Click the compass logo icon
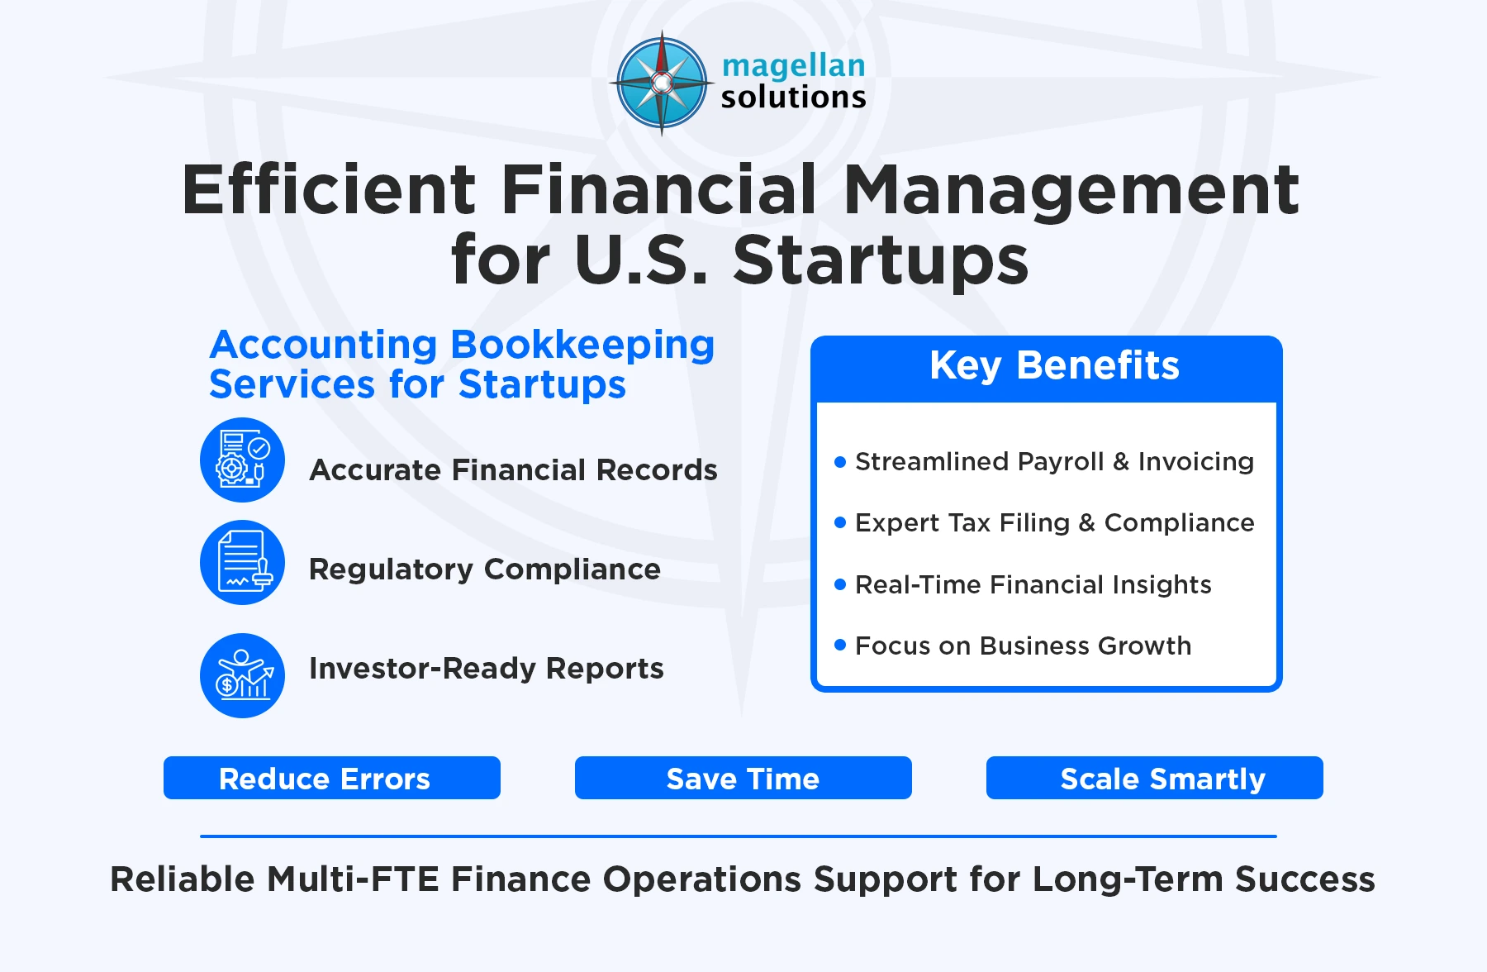(661, 83)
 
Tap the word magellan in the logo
(793, 66)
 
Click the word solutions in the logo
(793, 98)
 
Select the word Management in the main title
(1071, 190)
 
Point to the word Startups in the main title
(881, 260)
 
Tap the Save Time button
(743, 778)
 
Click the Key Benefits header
(1054, 366)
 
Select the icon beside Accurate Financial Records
(242, 460)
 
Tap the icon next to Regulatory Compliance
(242, 562)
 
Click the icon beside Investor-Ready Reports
(242, 675)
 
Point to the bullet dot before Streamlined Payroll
(840, 462)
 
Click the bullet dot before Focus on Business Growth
(840, 645)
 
